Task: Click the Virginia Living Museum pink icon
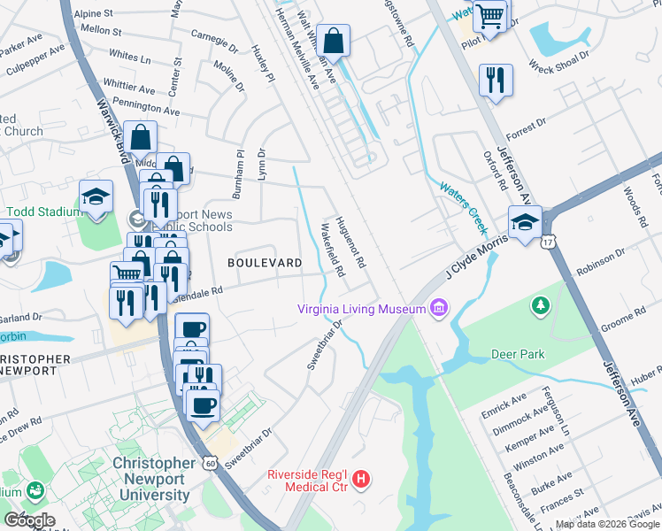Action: [x=437, y=308]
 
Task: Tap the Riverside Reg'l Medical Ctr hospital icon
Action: [x=360, y=481]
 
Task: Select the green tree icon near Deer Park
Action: [x=539, y=306]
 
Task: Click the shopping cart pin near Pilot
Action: [x=489, y=16]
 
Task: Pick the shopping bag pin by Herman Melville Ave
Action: [x=335, y=41]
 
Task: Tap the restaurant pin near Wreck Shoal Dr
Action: [x=496, y=80]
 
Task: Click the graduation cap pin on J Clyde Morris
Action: [x=524, y=222]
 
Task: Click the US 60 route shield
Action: [x=209, y=462]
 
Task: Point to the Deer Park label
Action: [x=518, y=354]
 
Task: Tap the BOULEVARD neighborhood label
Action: [x=265, y=263]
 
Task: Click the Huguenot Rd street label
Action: [x=350, y=244]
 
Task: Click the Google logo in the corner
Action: [x=28, y=519]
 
